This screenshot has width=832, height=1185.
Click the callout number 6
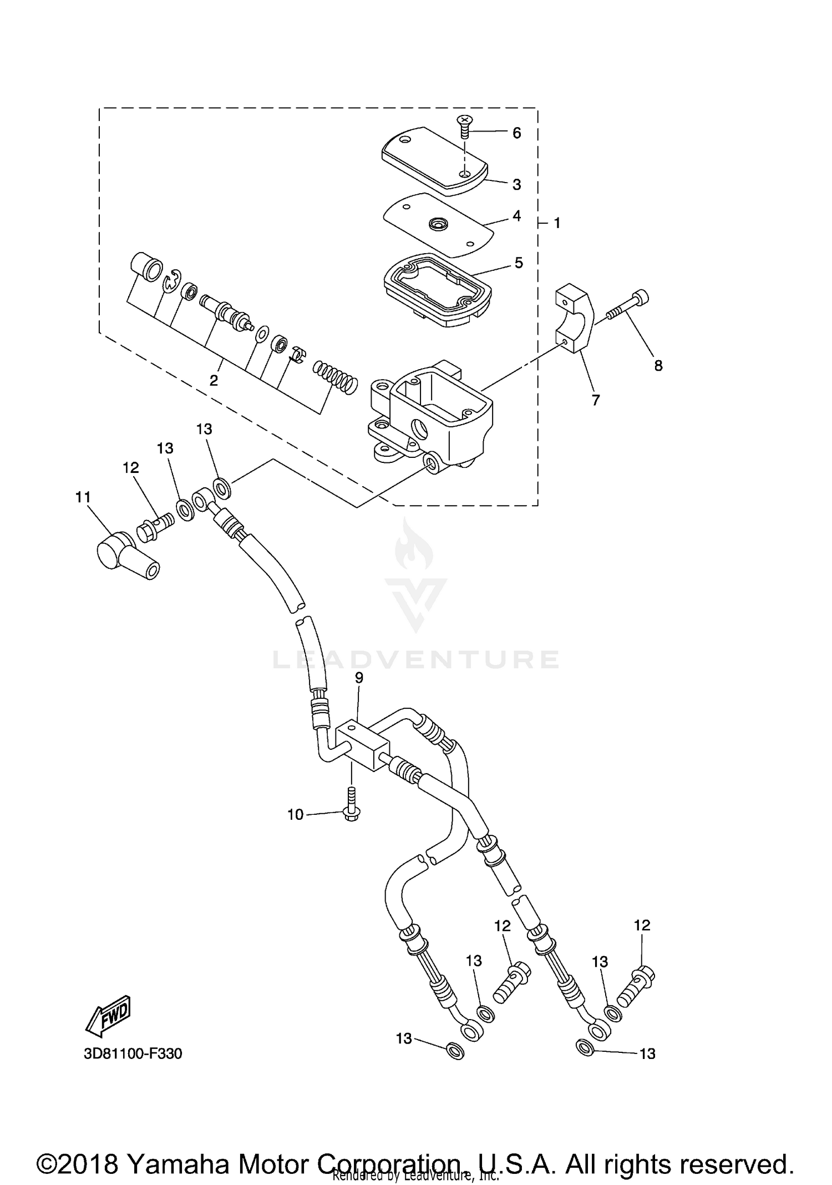tap(516, 133)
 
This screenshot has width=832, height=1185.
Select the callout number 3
tap(517, 184)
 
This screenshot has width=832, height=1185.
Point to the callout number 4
tap(517, 216)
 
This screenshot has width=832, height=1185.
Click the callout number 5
tap(519, 263)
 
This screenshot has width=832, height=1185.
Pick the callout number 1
tap(557, 223)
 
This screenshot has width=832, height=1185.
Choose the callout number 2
tap(214, 380)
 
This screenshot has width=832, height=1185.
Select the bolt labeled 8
tap(628, 307)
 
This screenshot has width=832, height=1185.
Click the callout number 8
tap(658, 366)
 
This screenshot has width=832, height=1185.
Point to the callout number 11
tap(83, 497)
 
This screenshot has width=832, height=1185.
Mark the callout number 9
tap(359, 678)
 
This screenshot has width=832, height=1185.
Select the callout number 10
tap(295, 814)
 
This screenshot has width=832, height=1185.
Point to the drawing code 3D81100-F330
tap(133, 1053)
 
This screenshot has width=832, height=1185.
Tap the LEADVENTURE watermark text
tap(416, 659)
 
